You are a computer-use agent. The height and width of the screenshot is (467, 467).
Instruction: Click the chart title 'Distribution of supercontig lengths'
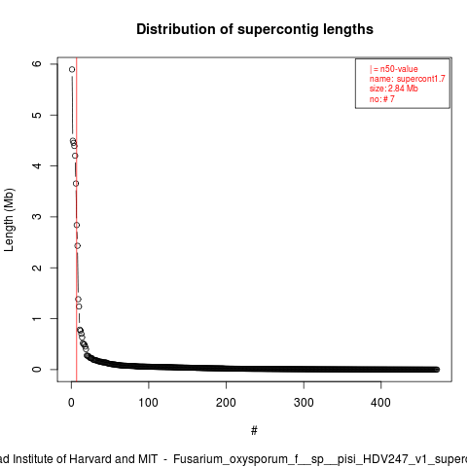[x=255, y=29]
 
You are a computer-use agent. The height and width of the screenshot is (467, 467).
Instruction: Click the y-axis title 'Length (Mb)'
[x=9, y=220]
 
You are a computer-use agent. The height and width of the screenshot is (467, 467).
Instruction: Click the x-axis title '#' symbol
[x=254, y=431]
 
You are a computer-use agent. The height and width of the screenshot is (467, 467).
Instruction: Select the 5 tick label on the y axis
[x=37, y=115]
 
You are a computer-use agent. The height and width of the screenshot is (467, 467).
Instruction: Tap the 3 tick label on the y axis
[x=37, y=217]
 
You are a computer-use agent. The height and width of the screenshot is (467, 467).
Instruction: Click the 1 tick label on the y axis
[x=37, y=318]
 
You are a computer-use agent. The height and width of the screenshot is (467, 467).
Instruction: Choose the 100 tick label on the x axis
[x=149, y=403]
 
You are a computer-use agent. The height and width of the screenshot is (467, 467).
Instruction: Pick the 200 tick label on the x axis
[x=226, y=403]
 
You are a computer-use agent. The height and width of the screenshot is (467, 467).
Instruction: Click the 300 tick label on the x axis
[x=304, y=403]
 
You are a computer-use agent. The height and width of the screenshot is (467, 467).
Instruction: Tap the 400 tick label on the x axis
[x=380, y=403]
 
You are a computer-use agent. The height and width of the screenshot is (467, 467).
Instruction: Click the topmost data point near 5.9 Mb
[x=72, y=69]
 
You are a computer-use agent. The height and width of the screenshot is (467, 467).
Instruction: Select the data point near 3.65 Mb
[x=76, y=184]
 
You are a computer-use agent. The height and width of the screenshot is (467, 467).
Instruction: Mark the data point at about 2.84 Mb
[x=77, y=225]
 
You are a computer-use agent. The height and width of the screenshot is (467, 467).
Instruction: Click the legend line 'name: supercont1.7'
[x=408, y=79]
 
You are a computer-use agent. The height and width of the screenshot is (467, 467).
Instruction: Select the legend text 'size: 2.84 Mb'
[x=394, y=89]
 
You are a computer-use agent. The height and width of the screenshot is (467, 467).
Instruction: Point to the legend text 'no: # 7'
[x=382, y=98]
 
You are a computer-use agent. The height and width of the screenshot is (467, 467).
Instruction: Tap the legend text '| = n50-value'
[x=394, y=69]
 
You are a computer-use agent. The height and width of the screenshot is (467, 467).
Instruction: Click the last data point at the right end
[x=437, y=370]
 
